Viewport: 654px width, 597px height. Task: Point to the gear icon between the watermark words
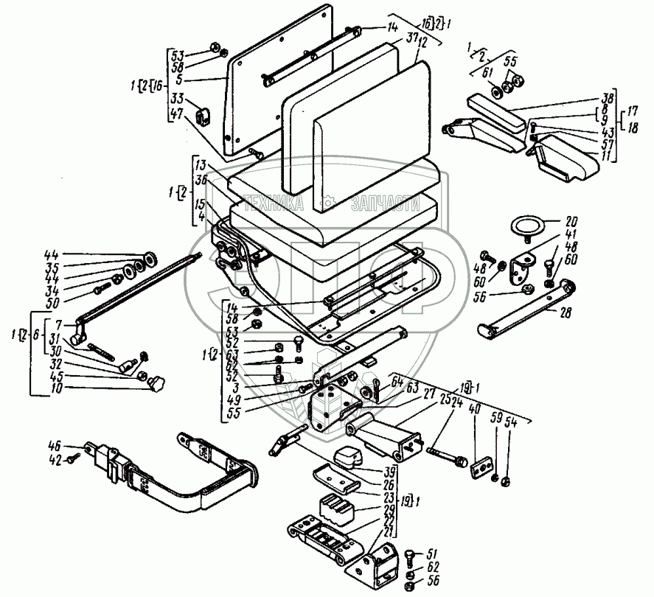[x=328, y=200]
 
